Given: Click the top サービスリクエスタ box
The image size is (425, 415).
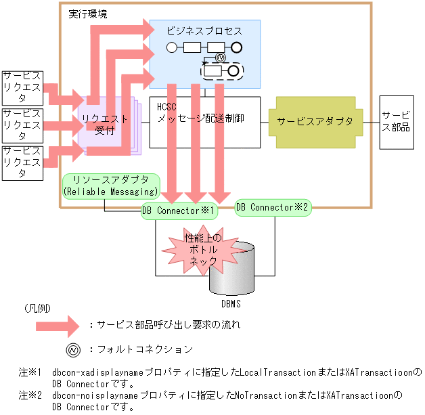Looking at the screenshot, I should click(22, 87).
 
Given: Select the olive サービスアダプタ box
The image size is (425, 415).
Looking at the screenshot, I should click(315, 122).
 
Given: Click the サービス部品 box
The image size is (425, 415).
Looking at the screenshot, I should click(397, 122).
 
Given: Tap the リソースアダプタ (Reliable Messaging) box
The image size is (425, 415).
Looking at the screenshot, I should click(110, 185).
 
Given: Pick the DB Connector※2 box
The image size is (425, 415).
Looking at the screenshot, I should click(272, 207).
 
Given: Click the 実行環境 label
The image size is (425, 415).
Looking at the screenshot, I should click(87, 14).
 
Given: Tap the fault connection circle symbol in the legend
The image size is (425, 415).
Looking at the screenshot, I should click(72, 349).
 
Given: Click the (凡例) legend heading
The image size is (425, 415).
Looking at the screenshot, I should click(37, 307).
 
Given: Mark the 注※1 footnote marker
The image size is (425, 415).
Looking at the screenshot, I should click(30, 372).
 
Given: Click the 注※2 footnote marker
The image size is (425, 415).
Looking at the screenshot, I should click(30, 395).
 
